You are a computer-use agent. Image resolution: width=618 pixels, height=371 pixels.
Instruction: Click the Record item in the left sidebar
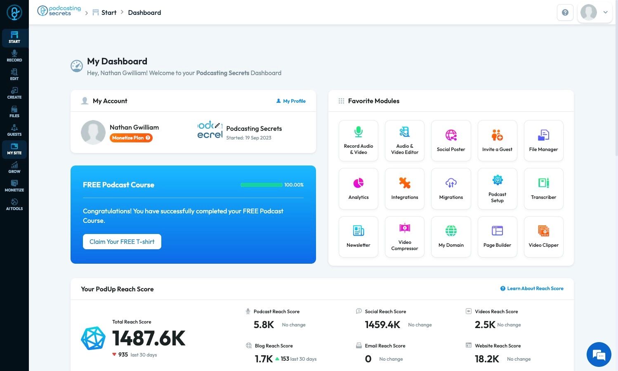coord(14,56)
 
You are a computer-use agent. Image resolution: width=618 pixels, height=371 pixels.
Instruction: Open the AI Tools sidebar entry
coord(14,204)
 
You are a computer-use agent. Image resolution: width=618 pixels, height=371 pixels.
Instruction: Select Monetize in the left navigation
coord(14,186)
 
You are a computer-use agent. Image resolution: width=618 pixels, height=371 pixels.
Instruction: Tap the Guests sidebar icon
coord(14,130)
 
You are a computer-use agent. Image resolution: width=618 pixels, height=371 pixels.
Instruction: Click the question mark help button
coord(565,12)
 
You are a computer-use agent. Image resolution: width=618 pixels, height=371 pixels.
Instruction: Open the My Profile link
coord(291,101)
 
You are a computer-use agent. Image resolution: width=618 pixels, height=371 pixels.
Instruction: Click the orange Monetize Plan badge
coord(131,138)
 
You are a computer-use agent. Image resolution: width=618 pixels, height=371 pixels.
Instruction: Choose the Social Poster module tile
coord(451,140)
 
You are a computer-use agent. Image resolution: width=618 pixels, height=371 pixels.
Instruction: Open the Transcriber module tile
coord(543,189)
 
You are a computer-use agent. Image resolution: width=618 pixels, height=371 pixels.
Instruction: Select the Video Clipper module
coord(543,236)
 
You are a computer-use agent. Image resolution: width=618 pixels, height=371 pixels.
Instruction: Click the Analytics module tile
coord(359,189)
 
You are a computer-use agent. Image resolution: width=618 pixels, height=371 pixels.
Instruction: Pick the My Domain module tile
coord(451,236)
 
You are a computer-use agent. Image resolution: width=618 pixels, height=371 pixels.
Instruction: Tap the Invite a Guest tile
coord(497,140)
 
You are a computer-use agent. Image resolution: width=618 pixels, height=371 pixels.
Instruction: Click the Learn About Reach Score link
coord(532,288)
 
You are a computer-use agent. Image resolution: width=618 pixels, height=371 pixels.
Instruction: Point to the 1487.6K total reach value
coord(149,338)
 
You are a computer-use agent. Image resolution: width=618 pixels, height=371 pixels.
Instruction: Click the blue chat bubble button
coord(599,354)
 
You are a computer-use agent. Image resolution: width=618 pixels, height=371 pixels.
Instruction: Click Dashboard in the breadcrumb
coord(144,13)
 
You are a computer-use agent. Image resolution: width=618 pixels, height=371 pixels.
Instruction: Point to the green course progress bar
coord(262,185)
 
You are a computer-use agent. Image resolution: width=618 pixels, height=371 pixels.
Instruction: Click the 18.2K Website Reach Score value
coord(487,359)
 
